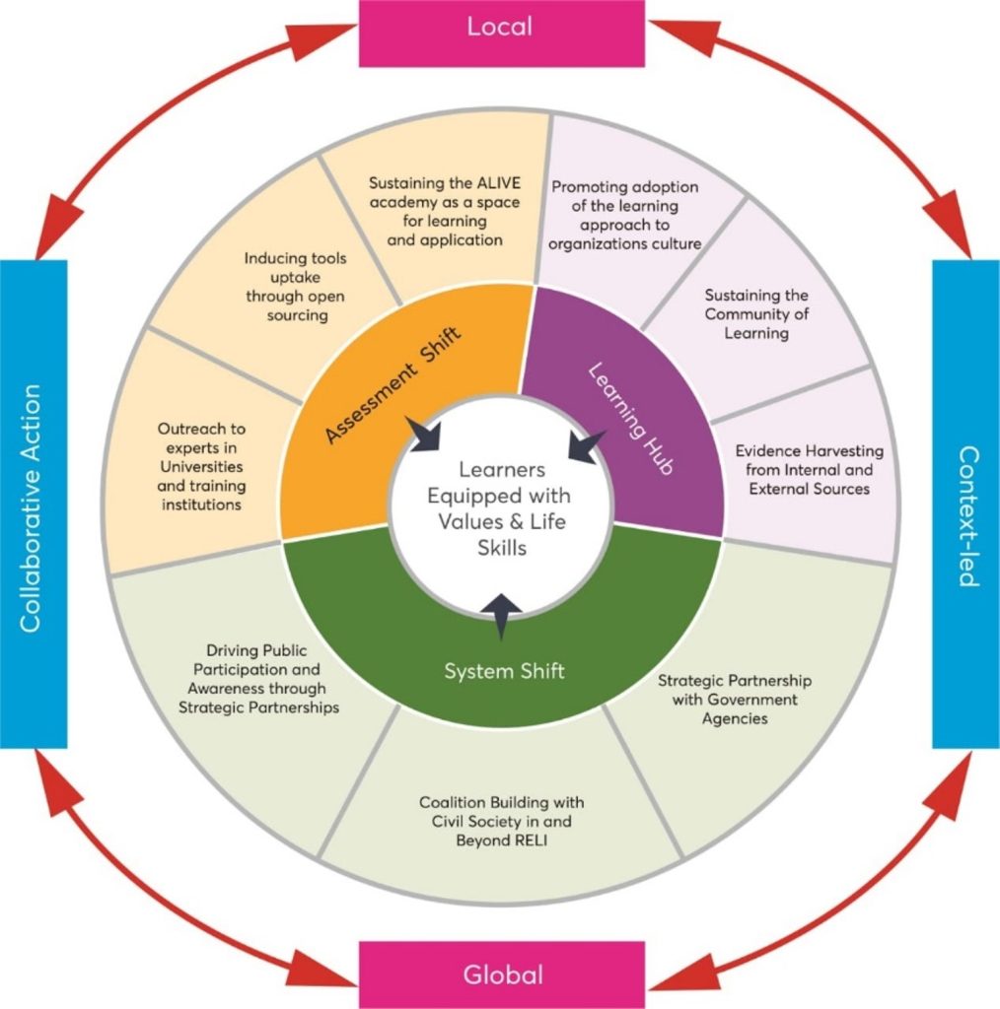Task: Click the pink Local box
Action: click(500, 28)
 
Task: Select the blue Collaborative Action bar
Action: click(33, 504)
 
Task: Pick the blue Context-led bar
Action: click(966, 502)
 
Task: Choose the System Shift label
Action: click(504, 671)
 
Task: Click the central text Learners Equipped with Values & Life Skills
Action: click(502, 507)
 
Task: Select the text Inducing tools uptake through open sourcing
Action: click(287, 287)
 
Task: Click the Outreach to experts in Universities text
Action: click(201, 467)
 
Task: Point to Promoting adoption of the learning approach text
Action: click(625, 216)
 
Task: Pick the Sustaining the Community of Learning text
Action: click(757, 313)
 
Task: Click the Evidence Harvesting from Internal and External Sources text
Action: click(809, 469)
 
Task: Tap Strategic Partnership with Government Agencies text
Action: click(734, 699)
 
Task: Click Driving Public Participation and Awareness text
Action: click(257, 679)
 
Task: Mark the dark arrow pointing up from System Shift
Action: click(503, 617)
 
